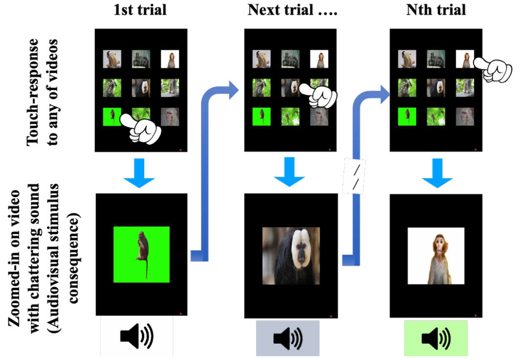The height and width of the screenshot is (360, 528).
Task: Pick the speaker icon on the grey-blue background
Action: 287,337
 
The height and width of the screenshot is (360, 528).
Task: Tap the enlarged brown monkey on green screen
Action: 142,252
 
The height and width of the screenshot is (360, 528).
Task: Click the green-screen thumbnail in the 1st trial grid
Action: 112,116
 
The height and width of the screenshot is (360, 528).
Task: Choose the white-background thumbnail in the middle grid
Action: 319,59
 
